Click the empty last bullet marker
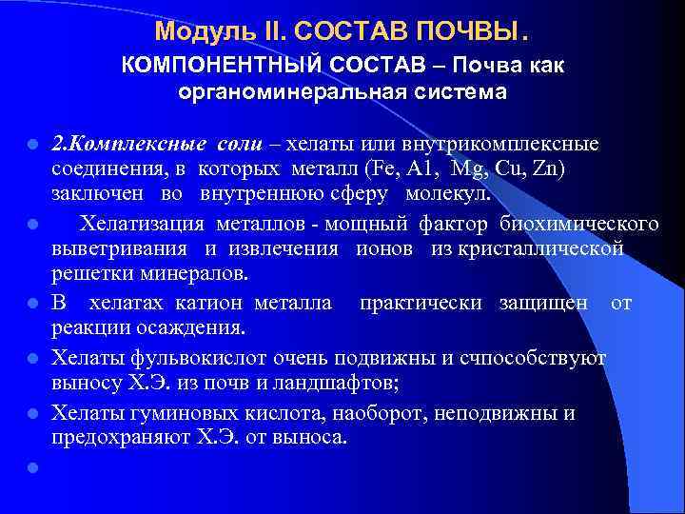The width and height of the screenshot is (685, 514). tap(32, 468)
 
